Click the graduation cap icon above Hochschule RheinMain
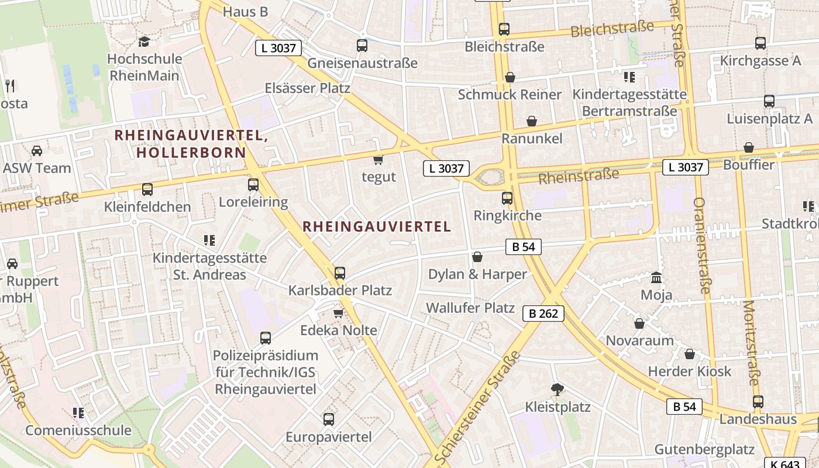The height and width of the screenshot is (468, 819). point(144,42)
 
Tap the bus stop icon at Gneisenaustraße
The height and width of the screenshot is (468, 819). point(362,45)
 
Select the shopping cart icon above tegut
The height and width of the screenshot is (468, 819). point(378,159)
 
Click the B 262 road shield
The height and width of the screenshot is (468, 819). point(543,314)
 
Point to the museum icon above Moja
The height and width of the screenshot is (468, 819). point(656,277)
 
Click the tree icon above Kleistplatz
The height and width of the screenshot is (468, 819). point(558,389)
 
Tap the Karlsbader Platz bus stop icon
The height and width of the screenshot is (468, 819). point(339,273)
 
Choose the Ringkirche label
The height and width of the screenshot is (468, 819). point(507,215)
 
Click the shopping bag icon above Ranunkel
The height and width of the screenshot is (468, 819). point(532,121)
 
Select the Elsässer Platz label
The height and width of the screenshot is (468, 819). point(307,88)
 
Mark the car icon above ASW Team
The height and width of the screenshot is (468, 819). point(36,151)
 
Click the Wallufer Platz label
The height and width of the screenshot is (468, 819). point(470,308)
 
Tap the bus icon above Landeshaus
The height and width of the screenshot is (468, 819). point(758,402)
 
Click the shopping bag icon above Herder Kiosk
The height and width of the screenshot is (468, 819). point(690,354)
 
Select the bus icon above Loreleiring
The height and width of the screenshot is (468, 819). point(253,185)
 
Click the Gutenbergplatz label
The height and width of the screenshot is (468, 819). point(704,449)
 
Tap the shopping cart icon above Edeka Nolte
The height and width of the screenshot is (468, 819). point(338,313)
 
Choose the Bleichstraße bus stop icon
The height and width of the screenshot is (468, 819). point(504,29)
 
